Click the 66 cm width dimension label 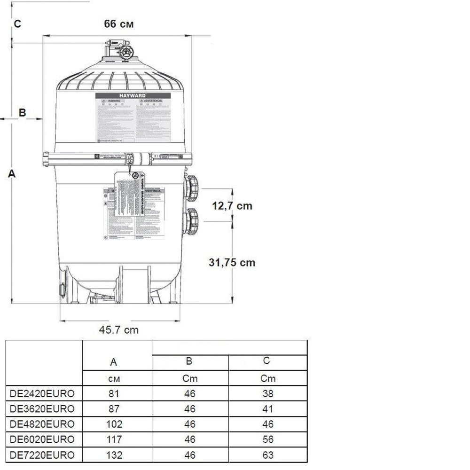pos(118,24)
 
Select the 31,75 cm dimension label pos(232,262)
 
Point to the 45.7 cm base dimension pos(118,330)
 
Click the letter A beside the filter pos(12,173)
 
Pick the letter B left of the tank pos(22,113)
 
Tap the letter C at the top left pos(17,24)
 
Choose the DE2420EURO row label pos(42,393)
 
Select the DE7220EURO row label pos(42,454)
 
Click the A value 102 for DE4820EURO pos(114,424)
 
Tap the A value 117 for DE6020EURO pos(114,439)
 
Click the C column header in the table pos(267,361)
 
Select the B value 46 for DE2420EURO pos(190,393)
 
